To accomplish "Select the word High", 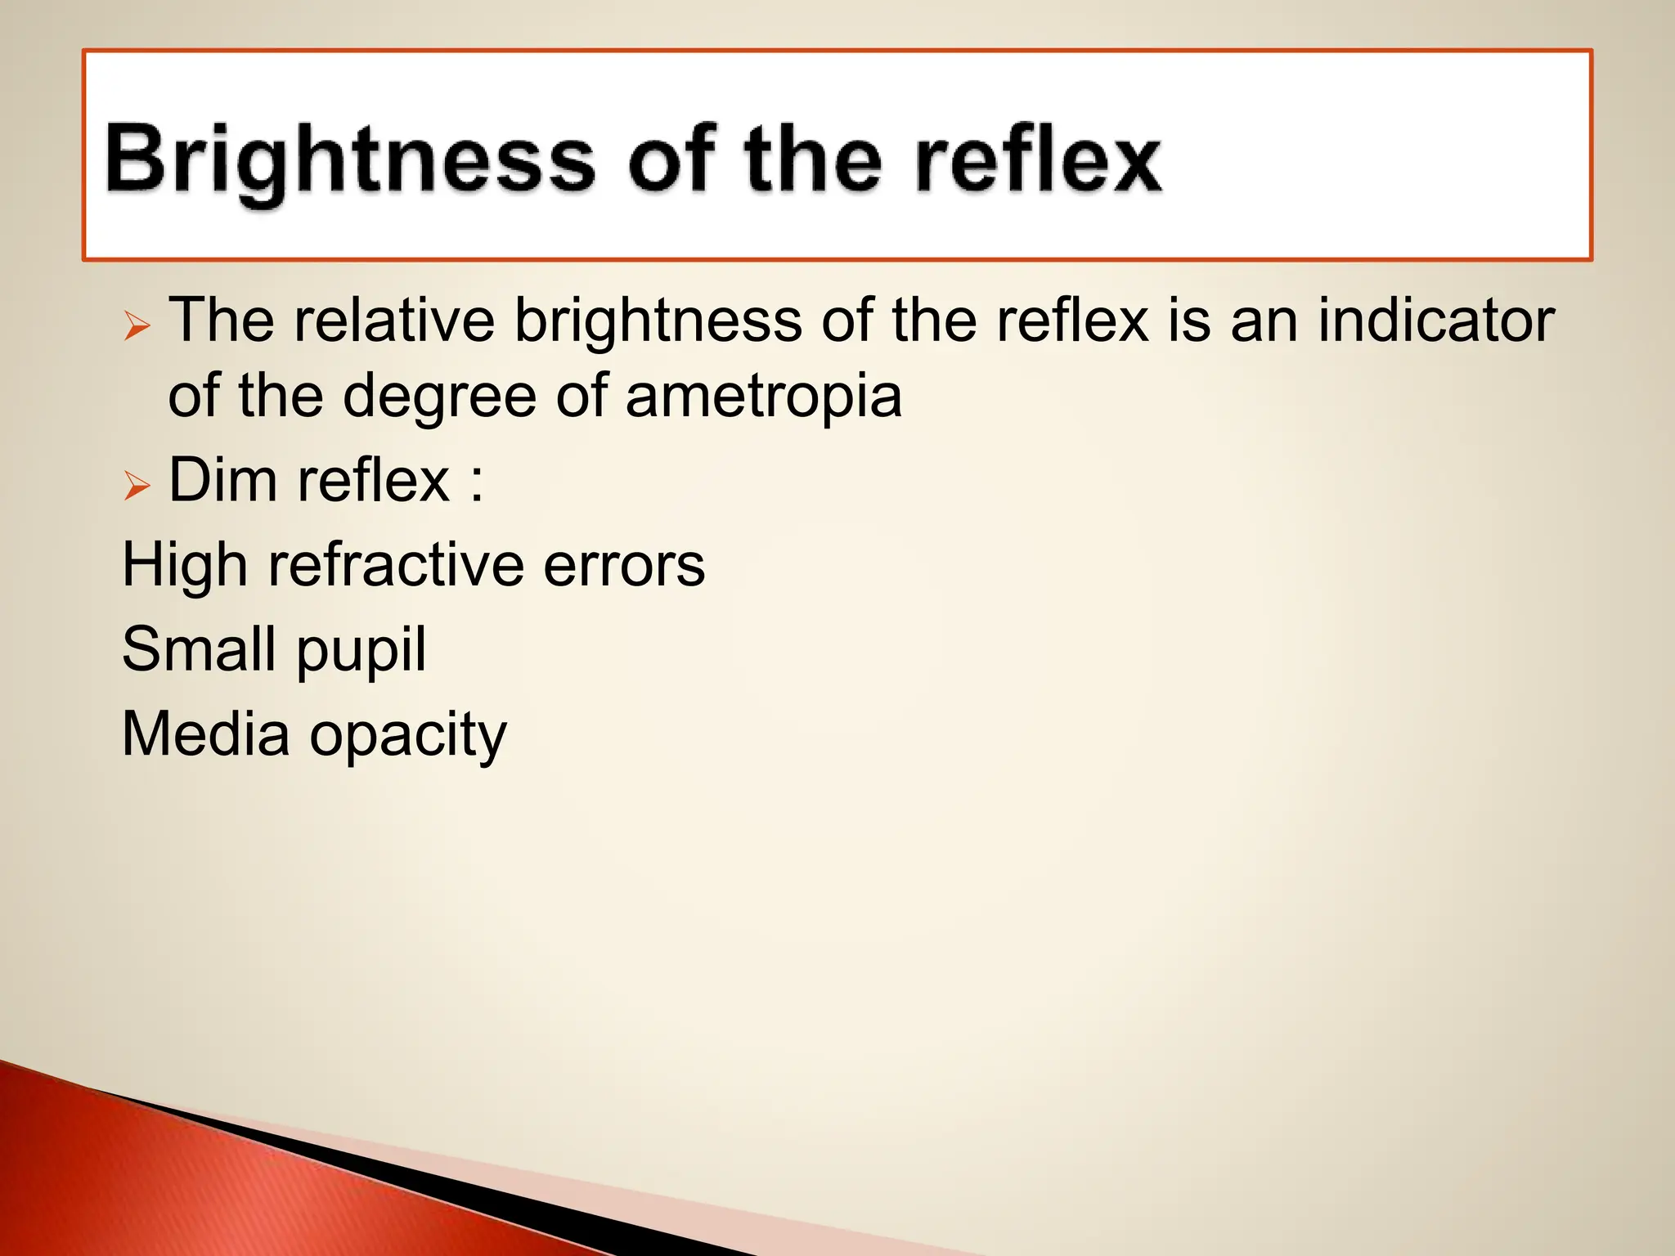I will tap(185, 566).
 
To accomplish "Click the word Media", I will tap(205, 734).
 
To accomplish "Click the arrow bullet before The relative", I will tap(137, 326).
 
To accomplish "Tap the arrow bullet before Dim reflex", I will tap(137, 486).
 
